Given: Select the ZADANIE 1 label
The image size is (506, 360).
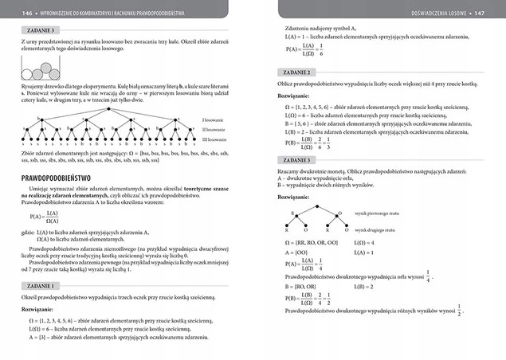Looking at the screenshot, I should [x=35, y=284].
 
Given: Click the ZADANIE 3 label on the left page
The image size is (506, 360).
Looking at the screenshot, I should [x=35, y=29].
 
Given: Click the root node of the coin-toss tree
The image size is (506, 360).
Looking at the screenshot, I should [x=322, y=205].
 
